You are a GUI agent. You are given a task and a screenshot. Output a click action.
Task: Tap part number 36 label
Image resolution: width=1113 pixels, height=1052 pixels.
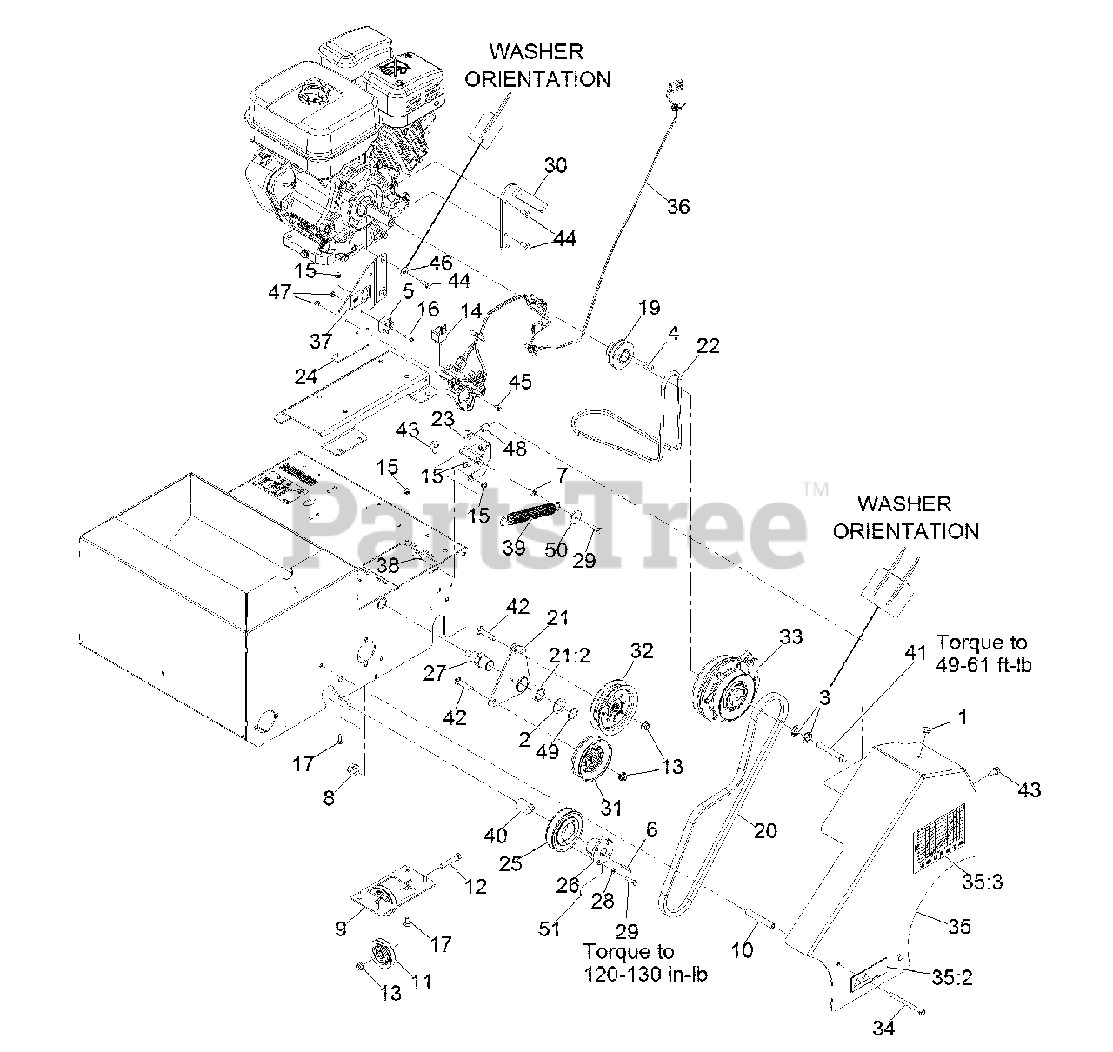[678, 206]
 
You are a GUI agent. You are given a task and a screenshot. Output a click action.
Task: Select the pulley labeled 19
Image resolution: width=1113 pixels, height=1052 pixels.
[622, 356]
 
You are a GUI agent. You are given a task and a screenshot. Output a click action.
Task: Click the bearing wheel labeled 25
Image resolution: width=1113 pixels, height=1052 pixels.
[564, 829]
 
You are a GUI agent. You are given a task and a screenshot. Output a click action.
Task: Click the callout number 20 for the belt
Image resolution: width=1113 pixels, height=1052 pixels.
[765, 830]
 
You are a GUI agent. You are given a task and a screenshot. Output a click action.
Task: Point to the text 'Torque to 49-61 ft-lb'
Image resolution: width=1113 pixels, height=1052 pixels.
[981, 654]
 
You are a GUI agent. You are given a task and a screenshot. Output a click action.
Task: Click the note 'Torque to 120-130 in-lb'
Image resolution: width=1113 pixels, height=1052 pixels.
[645, 962]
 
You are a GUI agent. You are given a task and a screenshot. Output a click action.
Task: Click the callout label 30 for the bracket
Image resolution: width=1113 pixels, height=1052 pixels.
[556, 165]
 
